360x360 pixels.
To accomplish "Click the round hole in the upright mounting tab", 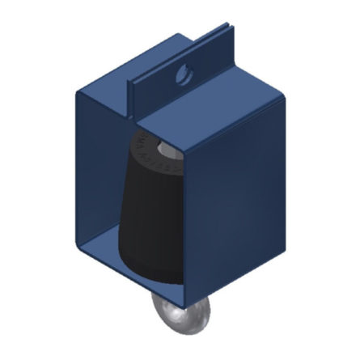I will coord(184,74).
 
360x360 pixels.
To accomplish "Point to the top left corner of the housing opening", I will coord(75,92).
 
